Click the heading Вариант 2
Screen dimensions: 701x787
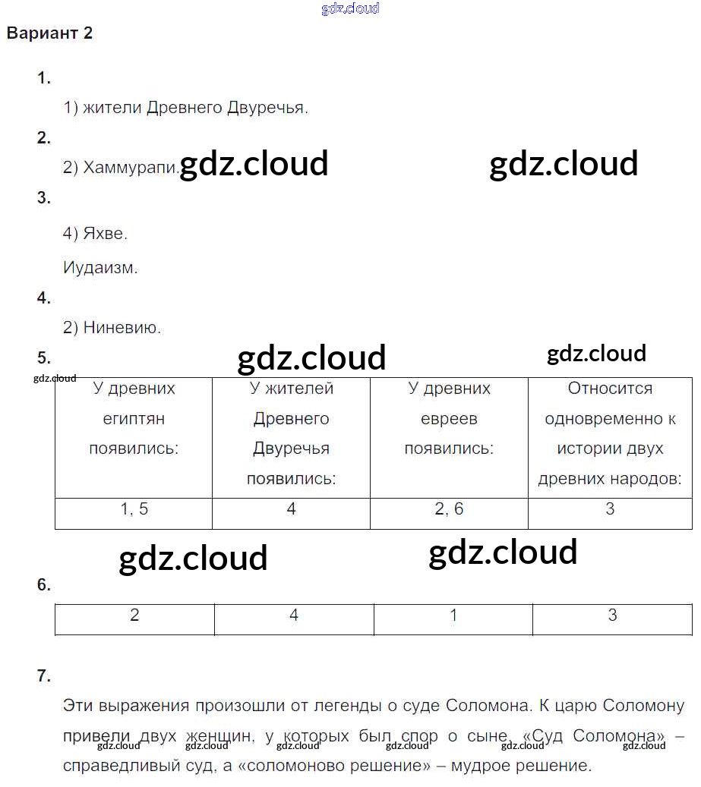coord(49,33)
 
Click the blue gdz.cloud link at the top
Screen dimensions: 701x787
coord(350,8)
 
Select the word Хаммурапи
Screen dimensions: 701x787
coord(130,167)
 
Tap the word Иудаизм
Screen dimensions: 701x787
coord(100,268)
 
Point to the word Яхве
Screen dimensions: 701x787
coord(105,233)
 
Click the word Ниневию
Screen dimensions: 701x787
coord(122,327)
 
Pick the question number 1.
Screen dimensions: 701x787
coord(44,78)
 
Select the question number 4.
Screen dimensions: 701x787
coord(44,297)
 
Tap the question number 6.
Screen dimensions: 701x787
coord(44,584)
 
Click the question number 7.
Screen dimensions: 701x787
coord(44,675)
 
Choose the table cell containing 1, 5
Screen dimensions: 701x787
coord(134,514)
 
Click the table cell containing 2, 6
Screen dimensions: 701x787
coord(449,514)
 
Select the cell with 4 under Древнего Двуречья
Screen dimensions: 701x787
coord(291,514)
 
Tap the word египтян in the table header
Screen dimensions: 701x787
coord(134,419)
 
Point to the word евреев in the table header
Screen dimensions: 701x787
coord(449,419)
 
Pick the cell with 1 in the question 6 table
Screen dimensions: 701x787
coord(453,619)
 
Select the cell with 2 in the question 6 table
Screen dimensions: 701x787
coord(134,619)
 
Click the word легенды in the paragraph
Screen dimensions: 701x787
coord(348,706)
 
